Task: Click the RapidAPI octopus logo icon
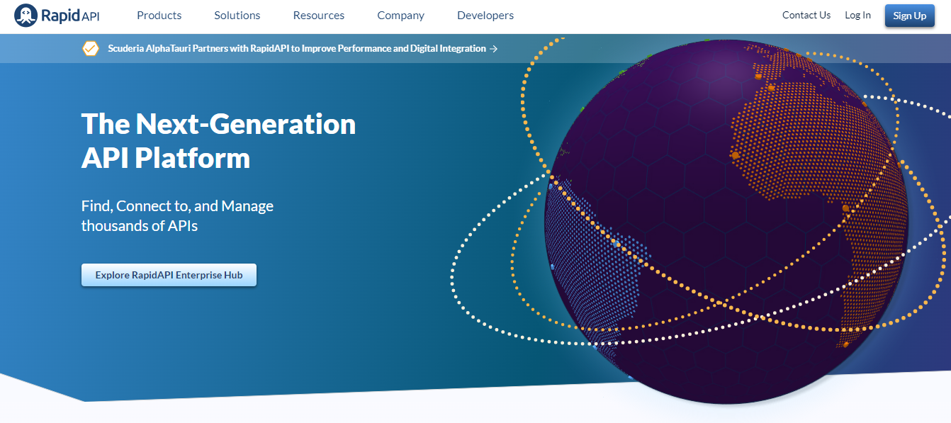click(26, 15)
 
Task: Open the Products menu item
click(159, 15)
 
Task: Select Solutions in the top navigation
click(237, 15)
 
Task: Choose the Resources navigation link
click(318, 15)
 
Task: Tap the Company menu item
click(400, 15)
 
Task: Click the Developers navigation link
click(485, 15)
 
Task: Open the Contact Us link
click(806, 15)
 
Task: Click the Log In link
click(857, 15)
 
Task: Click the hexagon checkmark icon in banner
click(91, 49)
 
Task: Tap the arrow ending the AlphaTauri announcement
click(494, 49)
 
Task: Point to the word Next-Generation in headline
click(245, 124)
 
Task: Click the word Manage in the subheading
click(247, 206)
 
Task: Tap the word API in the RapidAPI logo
click(90, 16)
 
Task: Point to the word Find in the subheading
click(96, 206)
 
